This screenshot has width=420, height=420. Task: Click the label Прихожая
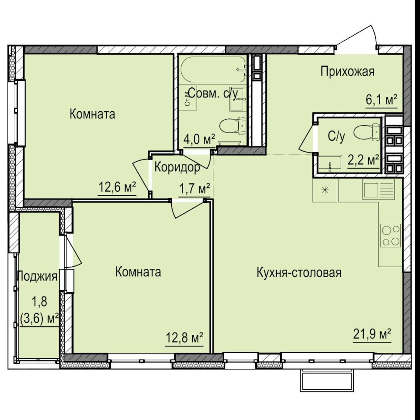tap(347, 72)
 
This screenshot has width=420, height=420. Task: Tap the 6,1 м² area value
tap(381, 100)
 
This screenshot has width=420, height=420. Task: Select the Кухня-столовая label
tap(299, 273)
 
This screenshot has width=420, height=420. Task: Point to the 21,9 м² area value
tap(372, 334)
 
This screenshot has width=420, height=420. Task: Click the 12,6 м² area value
tap(117, 187)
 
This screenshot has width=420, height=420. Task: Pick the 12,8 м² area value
tap(184, 338)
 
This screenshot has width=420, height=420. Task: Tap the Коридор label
tap(177, 168)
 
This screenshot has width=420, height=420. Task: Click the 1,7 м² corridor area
tap(194, 189)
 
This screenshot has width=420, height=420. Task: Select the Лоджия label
tap(37, 276)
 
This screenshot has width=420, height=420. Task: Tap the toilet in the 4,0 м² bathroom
tap(233, 125)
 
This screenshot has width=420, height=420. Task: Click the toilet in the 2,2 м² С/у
tap(367, 131)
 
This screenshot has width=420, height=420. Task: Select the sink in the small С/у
tap(330, 163)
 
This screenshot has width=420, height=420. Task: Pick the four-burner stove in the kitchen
tap(391, 236)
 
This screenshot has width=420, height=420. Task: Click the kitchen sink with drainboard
tap(378, 189)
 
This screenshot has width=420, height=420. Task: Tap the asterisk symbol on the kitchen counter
tap(325, 190)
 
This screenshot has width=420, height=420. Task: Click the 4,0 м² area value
tap(199, 139)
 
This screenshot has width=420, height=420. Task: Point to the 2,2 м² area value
tap(363, 161)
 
